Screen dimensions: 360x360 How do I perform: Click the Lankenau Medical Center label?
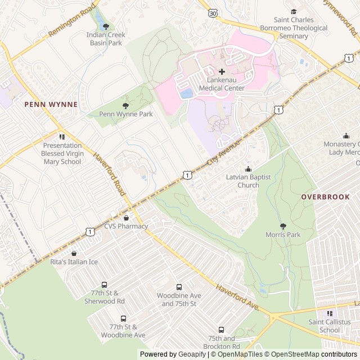(x=222, y=84)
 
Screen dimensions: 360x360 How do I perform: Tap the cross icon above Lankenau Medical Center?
(x=222, y=71)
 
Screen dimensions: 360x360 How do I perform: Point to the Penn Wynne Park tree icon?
(x=125, y=105)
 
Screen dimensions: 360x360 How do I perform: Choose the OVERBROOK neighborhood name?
(x=325, y=197)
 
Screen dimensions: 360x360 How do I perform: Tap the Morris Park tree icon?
(x=283, y=226)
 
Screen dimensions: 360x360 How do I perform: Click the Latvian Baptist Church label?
(x=248, y=181)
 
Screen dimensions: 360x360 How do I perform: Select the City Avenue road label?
(x=223, y=153)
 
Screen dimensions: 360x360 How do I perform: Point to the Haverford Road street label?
(x=109, y=175)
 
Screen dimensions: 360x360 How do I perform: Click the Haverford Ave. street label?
(x=237, y=297)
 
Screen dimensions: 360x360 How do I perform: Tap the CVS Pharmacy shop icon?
(x=126, y=218)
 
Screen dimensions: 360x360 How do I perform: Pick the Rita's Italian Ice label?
(x=74, y=262)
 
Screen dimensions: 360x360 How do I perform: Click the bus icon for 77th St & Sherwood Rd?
(x=104, y=285)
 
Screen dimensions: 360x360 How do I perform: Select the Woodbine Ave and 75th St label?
(x=179, y=300)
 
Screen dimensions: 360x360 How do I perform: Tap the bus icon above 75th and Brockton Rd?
(x=221, y=330)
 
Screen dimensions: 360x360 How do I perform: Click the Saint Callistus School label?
(x=329, y=326)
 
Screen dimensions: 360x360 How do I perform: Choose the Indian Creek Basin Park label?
(x=106, y=39)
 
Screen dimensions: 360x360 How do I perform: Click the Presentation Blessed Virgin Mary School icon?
(x=62, y=137)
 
